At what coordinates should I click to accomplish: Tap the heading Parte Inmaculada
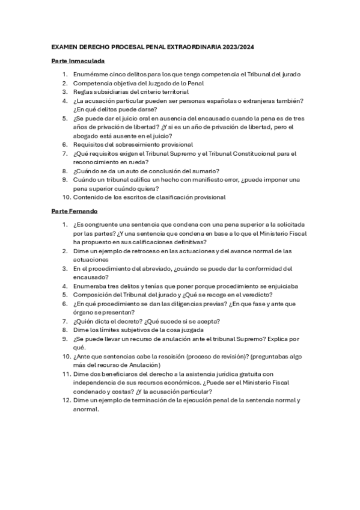coord(78,61)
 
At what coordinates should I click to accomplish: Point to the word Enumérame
coord(90,74)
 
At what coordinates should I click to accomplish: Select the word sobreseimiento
coord(140,145)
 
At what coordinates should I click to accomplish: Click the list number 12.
coord(66,401)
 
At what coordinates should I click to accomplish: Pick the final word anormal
coord(85,410)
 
